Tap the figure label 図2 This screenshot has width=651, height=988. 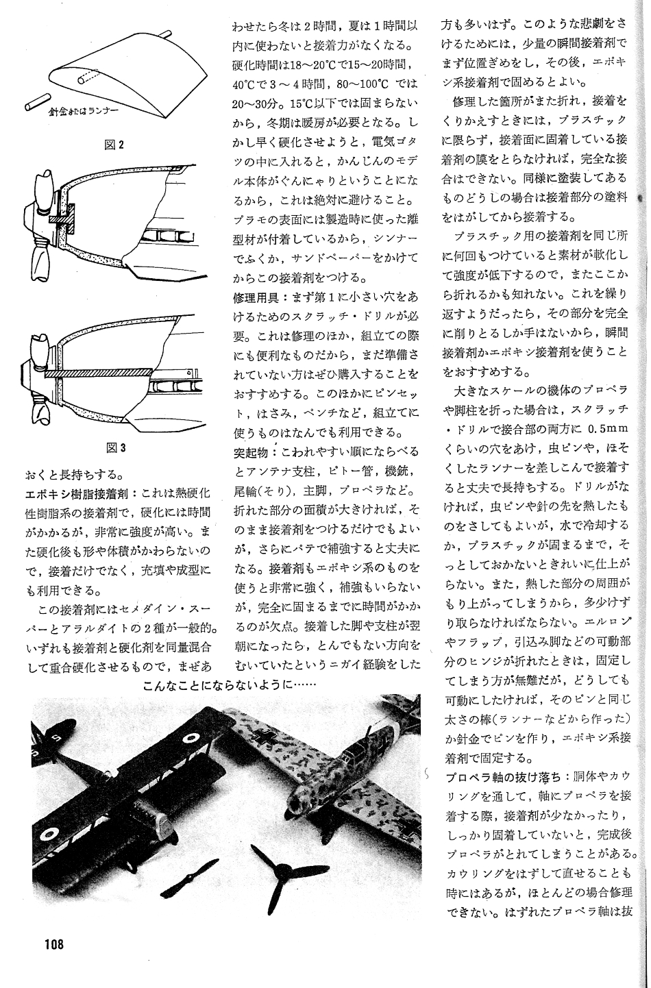coord(114,145)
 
